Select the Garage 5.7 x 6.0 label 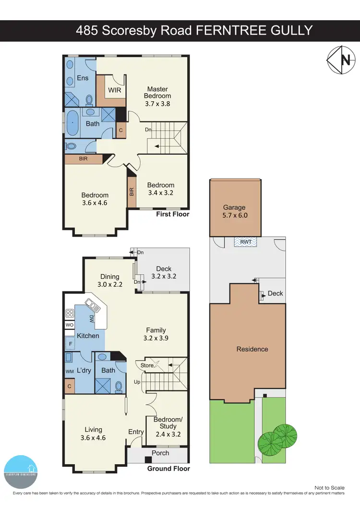235,212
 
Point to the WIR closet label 114,90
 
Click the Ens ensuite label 82,78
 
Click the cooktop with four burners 70,314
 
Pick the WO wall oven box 70,325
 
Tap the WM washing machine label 69,371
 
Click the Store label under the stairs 147,365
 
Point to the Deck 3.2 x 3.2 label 164,272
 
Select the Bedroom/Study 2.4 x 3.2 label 168,426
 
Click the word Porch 160,452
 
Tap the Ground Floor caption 168,469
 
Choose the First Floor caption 173,214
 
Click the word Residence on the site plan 252,349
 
